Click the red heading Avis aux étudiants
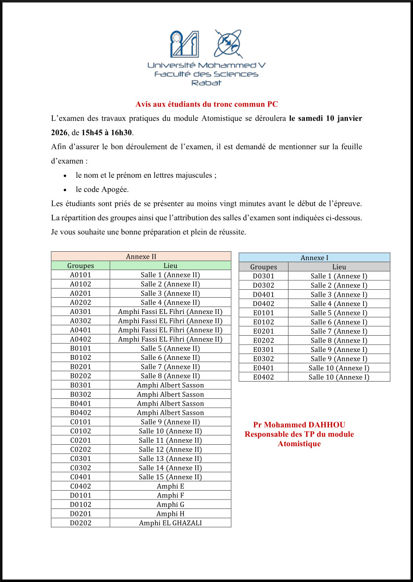tap(206, 104)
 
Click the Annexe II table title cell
tap(141, 256)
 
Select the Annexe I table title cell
tap(314, 258)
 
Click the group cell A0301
tap(81, 311)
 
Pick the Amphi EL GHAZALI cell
tap(170, 523)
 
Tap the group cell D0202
tap(81, 523)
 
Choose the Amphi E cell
tap(170, 486)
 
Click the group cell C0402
tap(81, 486)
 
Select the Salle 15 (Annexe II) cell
tap(170, 477)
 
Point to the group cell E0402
tap(263, 377)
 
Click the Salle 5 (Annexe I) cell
tap(339, 313)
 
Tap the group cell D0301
tap(263, 276)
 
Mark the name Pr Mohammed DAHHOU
tap(299, 425)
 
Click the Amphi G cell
tap(170, 504)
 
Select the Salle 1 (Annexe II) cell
tap(170, 275)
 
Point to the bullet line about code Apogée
tap(102, 189)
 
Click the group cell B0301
tap(81, 385)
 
